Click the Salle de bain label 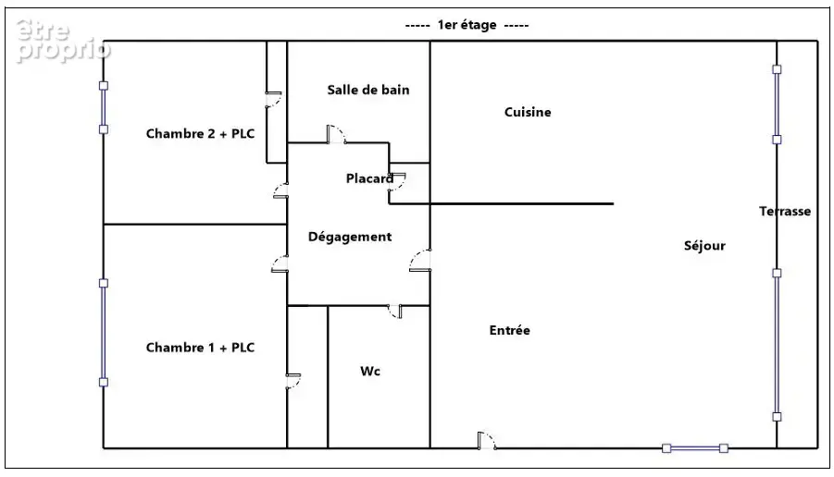[x=368, y=90]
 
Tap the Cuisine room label [x=528, y=112]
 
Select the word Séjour [x=704, y=246]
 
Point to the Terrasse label [x=785, y=212]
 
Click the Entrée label [x=509, y=330]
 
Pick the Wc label [x=370, y=372]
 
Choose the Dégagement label [x=350, y=237]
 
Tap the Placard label [x=369, y=178]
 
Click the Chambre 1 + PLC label [x=201, y=348]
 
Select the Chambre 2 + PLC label [x=201, y=134]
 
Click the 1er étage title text [x=467, y=25]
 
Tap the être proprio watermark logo [x=63, y=41]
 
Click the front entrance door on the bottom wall [x=487, y=441]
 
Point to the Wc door [x=395, y=312]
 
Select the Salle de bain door [x=336, y=134]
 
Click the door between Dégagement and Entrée [x=420, y=261]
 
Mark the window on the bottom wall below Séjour [x=695, y=448]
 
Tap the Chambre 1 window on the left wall [x=104, y=333]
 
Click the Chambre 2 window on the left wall [x=104, y=107]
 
